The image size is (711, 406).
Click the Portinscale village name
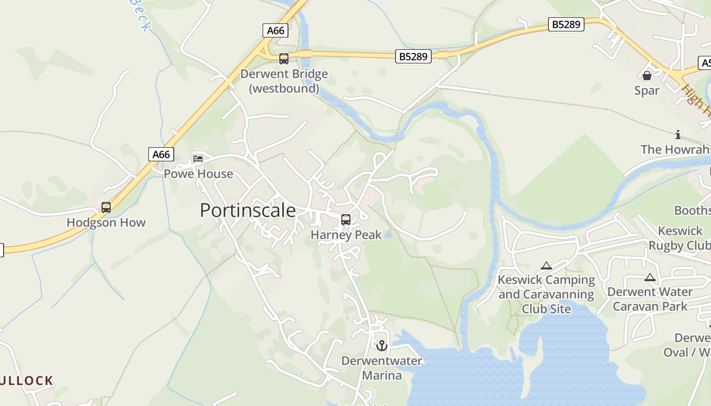(x=247, y=210)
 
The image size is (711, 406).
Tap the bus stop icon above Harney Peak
(x=346, y=220)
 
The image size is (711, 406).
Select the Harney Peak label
(x=346, y=235)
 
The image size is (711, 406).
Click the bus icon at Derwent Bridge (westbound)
(x=284, y=59)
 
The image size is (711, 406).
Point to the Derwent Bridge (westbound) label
(x=284, y=81)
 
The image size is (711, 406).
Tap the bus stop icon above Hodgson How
(x=106, y=208)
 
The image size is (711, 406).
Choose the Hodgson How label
(x=106, y=222)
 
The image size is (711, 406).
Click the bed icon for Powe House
(x=198, y=158)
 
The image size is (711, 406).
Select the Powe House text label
(x=198, y=174)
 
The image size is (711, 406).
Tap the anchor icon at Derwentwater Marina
(x=382, y=346)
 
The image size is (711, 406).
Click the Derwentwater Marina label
(x=382, y=368)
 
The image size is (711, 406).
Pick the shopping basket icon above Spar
(x=647, y=76)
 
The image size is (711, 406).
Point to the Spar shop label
(x=647, y=90)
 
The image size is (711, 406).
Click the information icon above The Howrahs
(x=677, y=134)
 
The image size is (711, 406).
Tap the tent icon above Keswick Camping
(x=546, y=265)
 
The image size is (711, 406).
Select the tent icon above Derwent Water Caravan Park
(x=650, y=278)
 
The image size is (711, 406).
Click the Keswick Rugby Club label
(x=680, y=238)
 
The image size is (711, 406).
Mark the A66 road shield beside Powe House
(x=161, y=154)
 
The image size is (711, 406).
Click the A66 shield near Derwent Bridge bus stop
(x=276, y=30)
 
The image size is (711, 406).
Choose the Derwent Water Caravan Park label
(x=650, y=299)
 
